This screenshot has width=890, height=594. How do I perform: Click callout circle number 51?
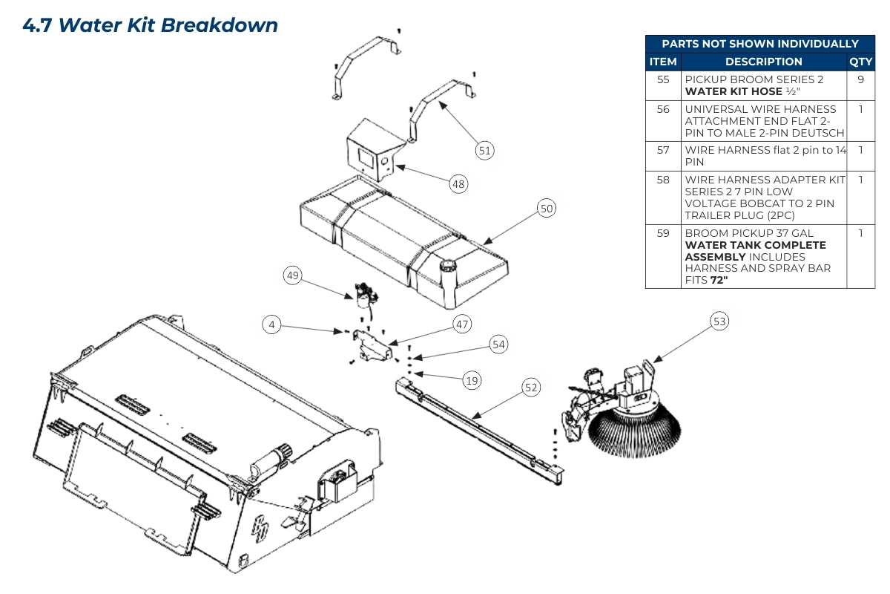coord(484,150)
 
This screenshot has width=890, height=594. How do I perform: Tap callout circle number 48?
coord(459,183)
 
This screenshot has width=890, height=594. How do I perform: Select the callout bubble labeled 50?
coord(547,209)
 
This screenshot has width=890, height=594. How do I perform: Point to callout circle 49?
coord(293,275)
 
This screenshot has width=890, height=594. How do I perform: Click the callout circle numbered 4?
coord(272,324)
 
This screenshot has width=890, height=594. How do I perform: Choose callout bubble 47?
coord(463,324)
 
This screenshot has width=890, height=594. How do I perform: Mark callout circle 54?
coord(499,345)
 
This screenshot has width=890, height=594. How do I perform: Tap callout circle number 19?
coord(472,381)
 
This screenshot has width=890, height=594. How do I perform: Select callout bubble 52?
coord(531,387)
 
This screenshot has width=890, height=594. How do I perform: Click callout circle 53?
coord(719,322)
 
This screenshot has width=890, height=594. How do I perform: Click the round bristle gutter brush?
coord(634,431)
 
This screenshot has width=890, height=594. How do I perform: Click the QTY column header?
coord(860,62)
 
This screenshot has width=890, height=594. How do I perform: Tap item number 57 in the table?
coord(663,150)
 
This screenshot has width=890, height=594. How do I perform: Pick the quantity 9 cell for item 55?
coord(860,79)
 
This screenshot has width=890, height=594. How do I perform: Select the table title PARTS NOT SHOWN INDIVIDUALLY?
coord(759,44)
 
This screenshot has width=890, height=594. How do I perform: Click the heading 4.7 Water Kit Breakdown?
coord(151,25)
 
